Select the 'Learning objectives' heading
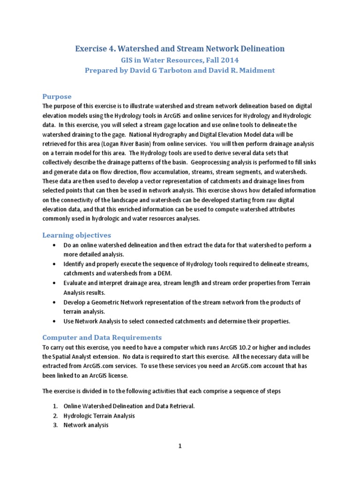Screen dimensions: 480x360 coord(77,235)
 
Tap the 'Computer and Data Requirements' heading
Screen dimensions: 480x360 coord(102,337)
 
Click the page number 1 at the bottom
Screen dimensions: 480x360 coord(180,446)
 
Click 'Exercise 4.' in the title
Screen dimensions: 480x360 coord(95,48)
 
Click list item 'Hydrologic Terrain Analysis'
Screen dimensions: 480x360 coord(99,415)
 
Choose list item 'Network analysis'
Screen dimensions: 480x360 coord(86,425)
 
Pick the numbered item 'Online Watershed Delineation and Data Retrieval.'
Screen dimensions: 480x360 coord(129,405)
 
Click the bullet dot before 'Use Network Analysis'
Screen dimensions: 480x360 coord(56,321)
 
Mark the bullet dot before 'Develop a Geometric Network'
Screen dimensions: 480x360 coord(56,302)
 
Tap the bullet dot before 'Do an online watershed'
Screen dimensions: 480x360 coord(56,245)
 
